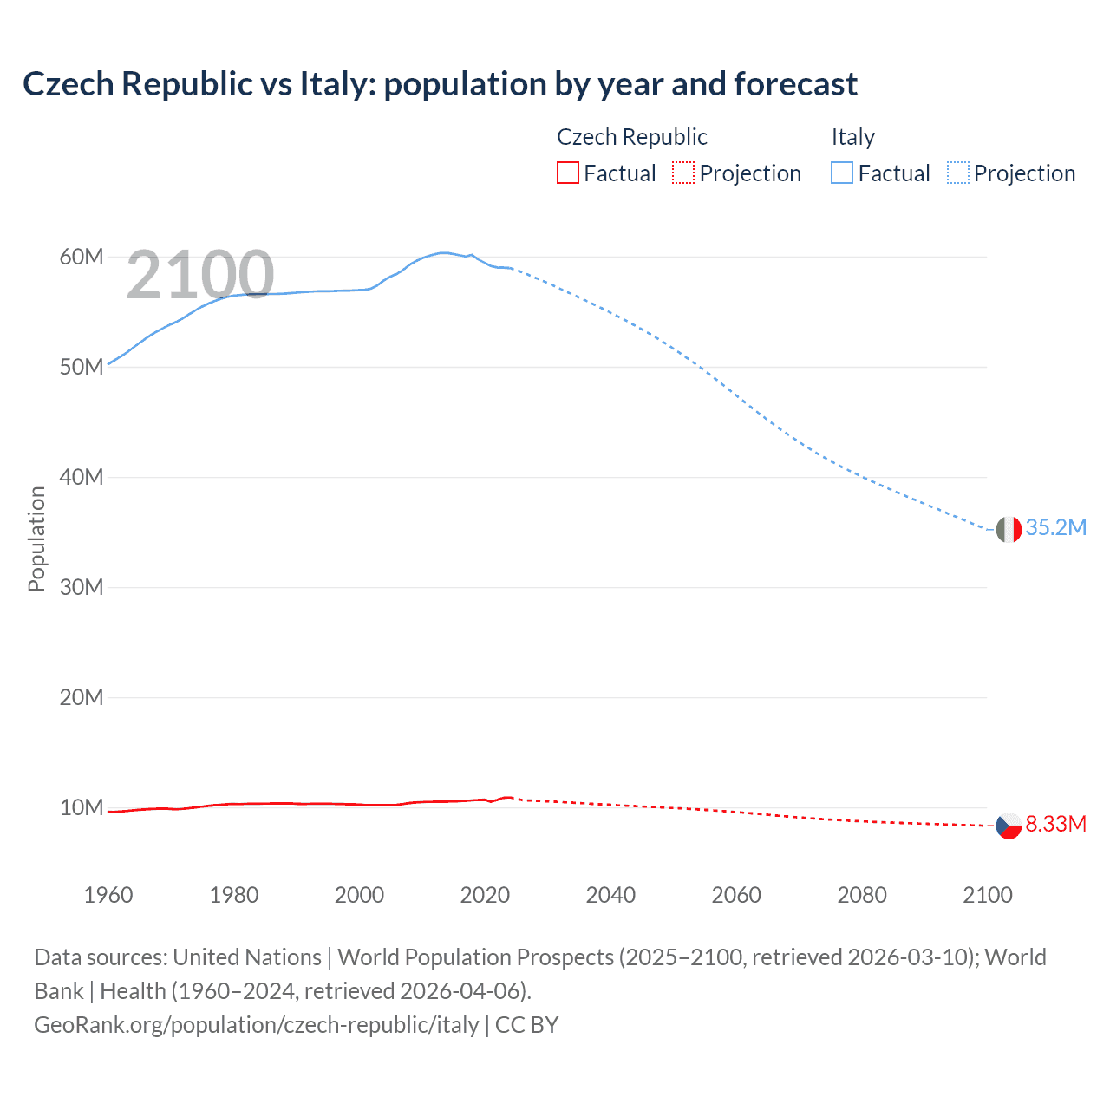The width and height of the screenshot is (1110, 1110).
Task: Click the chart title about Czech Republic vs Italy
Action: pos(440,84)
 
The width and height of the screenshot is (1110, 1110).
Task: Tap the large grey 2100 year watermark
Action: pos(200,276)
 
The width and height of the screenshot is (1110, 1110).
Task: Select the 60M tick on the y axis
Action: pos(82,258)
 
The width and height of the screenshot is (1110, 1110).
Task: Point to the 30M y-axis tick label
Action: pos(82,588)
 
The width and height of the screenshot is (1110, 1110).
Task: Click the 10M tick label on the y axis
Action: pos(82,808)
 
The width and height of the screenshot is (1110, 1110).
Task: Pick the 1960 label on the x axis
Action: pos(108,895)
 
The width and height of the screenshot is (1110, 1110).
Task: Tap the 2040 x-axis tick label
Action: pos(610,895)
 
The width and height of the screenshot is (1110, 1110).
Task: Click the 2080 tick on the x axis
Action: pos(862,895)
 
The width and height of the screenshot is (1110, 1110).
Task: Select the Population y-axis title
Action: pos(36,539)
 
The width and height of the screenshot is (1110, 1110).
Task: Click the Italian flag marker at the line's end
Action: pos(1009,529)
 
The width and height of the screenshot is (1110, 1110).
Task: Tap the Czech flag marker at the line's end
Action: pos(1009,826)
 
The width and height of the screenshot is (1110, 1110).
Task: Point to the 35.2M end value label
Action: pos(1055,528)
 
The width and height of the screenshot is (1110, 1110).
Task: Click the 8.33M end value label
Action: pos(1055,824)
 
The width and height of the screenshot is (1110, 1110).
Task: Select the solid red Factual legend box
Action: pos(568,173)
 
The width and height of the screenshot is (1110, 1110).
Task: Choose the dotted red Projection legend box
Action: pos(683,173)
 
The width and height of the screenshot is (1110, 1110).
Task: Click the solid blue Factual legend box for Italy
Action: pos(842,173)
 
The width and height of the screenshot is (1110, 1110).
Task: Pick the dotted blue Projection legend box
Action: pos(958,173)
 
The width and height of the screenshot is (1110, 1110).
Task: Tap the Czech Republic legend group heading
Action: pos(631,137)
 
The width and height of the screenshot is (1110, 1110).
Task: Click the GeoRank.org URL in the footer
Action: pos(257,1025)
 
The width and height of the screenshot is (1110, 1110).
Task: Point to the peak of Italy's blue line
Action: pos(443,253)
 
